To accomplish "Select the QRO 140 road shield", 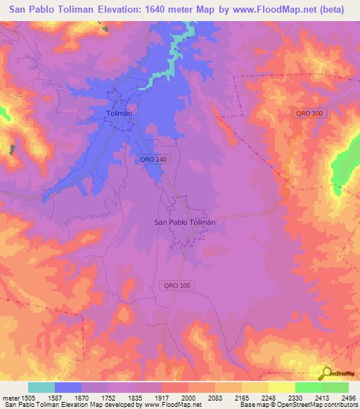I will (x=152, y=160).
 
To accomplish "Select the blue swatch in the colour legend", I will (x=68, y=387).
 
